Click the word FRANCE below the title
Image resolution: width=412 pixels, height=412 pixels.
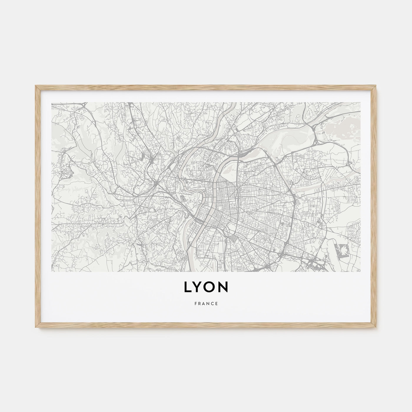tap(206, 304)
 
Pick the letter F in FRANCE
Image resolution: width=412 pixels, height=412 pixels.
tap(195, 304)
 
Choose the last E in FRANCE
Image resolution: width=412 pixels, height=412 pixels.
tap(217, 304)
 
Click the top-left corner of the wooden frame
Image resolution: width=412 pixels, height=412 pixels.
tap(36, 86)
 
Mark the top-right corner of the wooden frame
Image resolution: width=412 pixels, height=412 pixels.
tap(376, 86)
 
